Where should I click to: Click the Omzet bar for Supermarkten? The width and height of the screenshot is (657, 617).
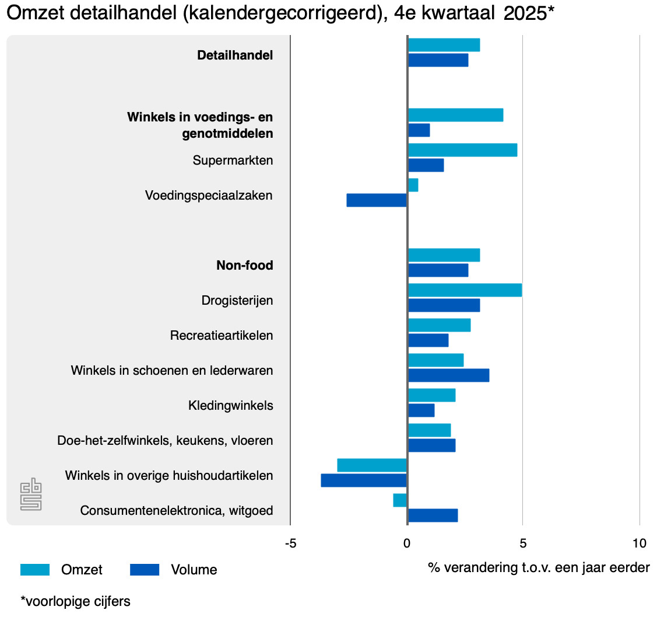pos(462,150)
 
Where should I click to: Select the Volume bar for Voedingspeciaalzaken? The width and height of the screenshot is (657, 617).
pos(377,200)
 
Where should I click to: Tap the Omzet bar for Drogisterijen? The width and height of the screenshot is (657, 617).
pos(465,290)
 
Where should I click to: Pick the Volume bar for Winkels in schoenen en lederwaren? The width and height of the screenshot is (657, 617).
pos(448,375)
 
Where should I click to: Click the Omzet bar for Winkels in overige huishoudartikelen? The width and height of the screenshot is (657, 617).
pos(372,465)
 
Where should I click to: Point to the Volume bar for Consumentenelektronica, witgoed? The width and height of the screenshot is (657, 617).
pos(433,515)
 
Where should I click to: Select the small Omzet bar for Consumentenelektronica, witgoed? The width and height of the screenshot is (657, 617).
pos(400,500)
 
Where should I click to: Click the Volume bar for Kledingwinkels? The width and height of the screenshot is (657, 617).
pos(421,410)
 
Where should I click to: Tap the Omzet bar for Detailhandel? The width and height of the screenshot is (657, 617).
pos(444,45)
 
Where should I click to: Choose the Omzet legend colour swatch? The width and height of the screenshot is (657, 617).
pos(35,570)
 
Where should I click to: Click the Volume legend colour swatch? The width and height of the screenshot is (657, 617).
pos(144,570)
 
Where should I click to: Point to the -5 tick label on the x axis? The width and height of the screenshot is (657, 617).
pos(290,543)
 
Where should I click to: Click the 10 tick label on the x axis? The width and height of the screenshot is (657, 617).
pos(639,543)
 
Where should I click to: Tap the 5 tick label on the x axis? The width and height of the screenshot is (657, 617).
pos(523,543)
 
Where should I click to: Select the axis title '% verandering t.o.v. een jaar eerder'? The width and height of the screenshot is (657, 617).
pos(538,567)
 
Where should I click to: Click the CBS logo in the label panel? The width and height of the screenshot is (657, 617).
pos(31,494)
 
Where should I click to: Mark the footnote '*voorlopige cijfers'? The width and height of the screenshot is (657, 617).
pos(75,601)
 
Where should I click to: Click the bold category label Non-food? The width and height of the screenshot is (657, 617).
pos(244,266)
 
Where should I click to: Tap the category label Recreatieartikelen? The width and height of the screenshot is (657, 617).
pos(222,336)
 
